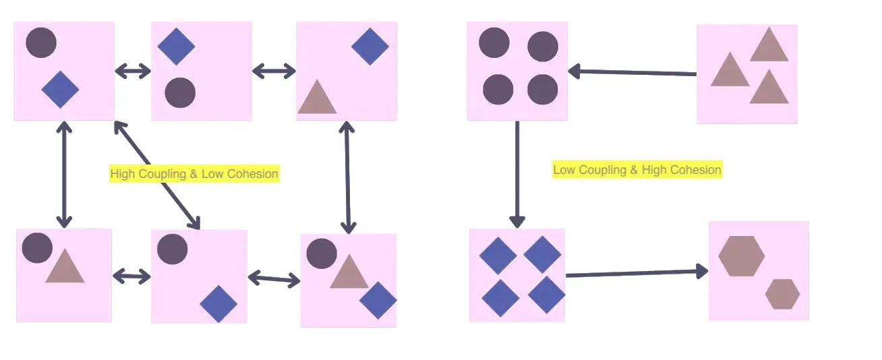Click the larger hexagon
click(x=742, y=256)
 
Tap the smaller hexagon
click(x=782, y=294)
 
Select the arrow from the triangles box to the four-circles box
click(x=633, y=72)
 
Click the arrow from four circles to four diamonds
click(x=517, y=175)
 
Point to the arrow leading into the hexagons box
click(x=637, y=273)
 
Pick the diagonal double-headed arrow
click(x=157, y=175)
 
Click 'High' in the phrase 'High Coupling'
click(x=122, y=174)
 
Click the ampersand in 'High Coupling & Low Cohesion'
click(x=194, y=174)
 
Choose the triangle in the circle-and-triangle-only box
click(x=65, y=266)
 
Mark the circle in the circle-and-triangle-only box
click(x=37, y=247)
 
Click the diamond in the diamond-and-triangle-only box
click(x=370, y=47)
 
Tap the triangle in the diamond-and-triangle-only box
click(x=317, y=96)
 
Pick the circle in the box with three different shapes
click(x=322, y=253)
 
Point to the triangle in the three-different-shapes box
click(x=349, y=271)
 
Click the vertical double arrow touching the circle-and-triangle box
click(x=64, y=175)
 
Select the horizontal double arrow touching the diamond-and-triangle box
click(x=274, y=71)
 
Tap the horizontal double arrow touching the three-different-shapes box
click(x=274, y=279)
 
